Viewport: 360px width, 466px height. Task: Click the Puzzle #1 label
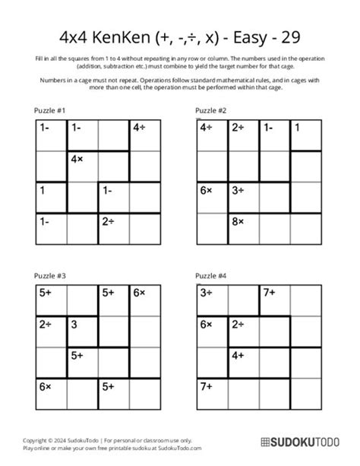(x=50, y=111)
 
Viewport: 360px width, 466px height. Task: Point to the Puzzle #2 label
(x=210, y=111)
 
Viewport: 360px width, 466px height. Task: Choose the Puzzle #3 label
(x=50, y=277)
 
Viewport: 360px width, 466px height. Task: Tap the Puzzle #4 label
(x=210, y=277)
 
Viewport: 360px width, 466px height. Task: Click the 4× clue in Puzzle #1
(x=77, y=160)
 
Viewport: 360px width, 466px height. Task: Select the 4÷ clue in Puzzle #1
(x=140, y=128)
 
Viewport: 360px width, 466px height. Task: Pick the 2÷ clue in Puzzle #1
(x=109, y=221)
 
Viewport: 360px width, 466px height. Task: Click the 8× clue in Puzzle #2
(x=238, y=221)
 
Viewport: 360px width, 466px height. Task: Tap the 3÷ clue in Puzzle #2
(x=238, y=190)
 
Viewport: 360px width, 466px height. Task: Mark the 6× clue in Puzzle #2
(x=207, y=190)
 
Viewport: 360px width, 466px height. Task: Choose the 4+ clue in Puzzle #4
(x=238, y=355)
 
